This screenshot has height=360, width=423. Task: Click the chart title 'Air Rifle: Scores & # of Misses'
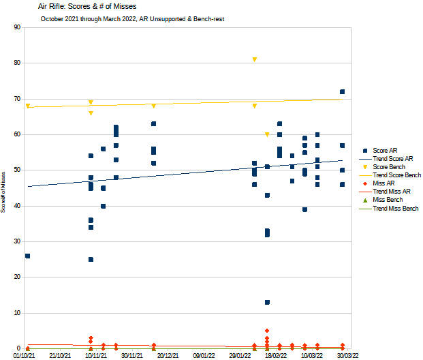(x=97, y=7)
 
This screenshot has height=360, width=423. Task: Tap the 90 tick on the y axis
(x=16, y=27)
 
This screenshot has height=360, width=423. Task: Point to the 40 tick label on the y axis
(x=16, y=206)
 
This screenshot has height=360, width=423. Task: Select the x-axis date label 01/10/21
(x=24, y=355)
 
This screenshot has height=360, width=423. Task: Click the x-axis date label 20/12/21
(x=167, y=355)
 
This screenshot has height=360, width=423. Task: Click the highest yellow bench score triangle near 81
(x=254, y=60)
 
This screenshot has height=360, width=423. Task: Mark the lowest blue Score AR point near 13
(x=267, y=302)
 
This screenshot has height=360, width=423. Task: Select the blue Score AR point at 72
(x=342, y=91)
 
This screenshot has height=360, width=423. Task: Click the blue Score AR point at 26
(x=27, y=256)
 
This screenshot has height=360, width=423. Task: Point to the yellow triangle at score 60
(x=267, y=134)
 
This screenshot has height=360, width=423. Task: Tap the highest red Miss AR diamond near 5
(x=267, y=331)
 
